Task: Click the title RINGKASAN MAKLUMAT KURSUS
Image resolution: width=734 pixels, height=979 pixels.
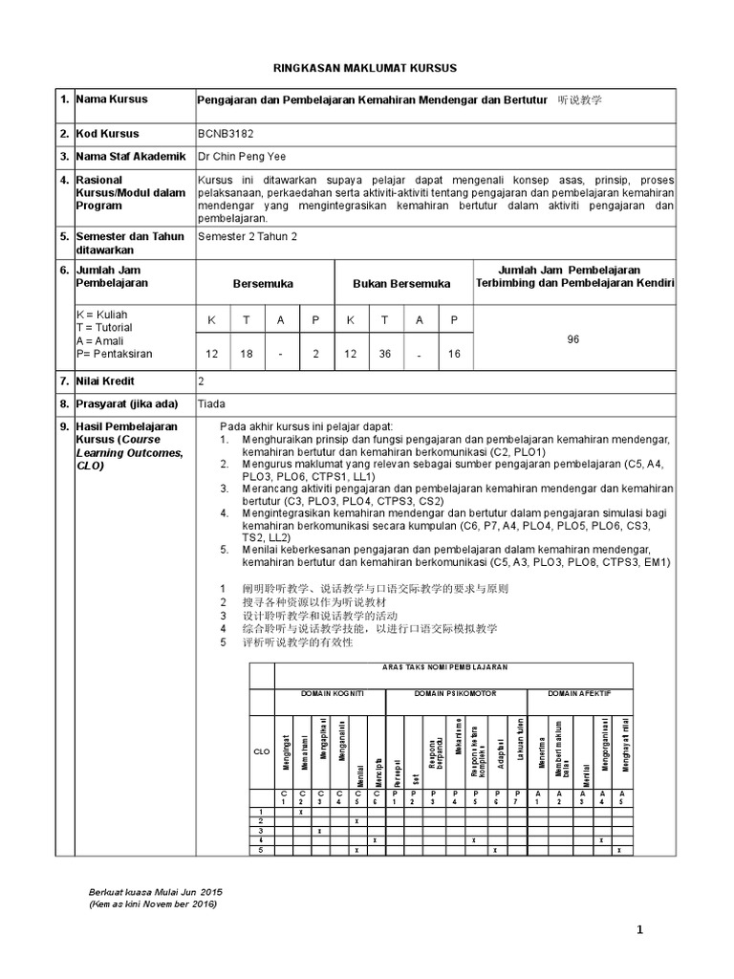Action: [366, 68]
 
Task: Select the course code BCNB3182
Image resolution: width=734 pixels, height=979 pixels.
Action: [227, 134]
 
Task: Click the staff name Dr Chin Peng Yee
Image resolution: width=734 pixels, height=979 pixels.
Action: [241, 157]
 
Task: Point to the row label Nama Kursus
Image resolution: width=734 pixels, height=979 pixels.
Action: [111, 99]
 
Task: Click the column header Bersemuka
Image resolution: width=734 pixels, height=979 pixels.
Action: [263, 284]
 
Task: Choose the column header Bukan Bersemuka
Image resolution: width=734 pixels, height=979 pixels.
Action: [401, 284]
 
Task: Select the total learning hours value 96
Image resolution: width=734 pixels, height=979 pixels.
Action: [573, 338]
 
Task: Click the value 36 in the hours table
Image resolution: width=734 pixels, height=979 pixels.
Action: [385, 354]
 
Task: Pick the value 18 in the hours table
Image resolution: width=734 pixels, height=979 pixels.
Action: [246, 354]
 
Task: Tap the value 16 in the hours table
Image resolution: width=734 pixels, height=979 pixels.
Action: [454, 354]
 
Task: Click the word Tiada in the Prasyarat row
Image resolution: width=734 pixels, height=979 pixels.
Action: [211, 403]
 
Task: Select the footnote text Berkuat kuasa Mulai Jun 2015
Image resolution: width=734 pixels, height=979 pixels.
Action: [155, 891]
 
